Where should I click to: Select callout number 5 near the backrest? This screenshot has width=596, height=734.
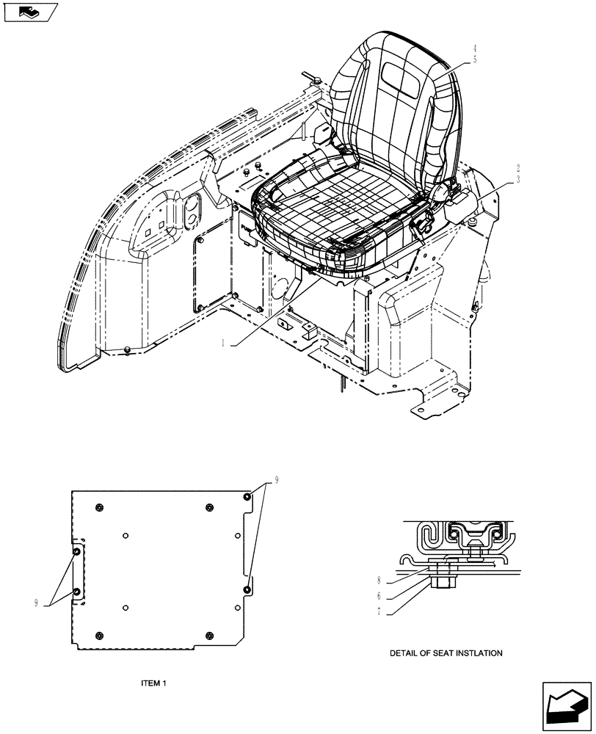(x=475, y=60)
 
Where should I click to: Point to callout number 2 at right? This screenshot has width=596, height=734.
(x=518, y=167)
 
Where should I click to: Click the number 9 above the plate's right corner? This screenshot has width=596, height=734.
(x=277, y=480)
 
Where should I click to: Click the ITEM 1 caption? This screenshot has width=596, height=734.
(x=154, y=683)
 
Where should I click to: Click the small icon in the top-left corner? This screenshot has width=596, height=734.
(x=30, y=12)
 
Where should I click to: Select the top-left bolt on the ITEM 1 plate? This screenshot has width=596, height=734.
(x=100, y=508)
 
